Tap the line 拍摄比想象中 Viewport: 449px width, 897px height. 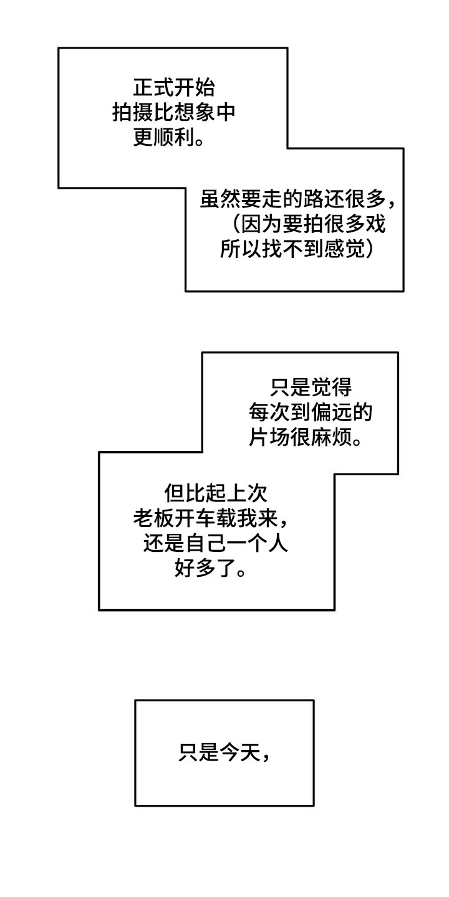pyautogui.click(x=174, y=112)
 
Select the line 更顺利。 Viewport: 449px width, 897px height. pyautogui.click(x=168, y=138)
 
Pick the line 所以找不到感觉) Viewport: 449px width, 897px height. pyautogui.click(x=298, y=249)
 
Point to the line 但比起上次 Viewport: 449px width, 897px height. pyautogui.click(x=216, y=493)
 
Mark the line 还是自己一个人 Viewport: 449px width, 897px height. pyautogui.click(x=215, y=544)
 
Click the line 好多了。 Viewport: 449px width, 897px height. pyautogui.click(x=210, y=569)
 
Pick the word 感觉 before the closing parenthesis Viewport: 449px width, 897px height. pyautogui.click(x=348, y=249)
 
